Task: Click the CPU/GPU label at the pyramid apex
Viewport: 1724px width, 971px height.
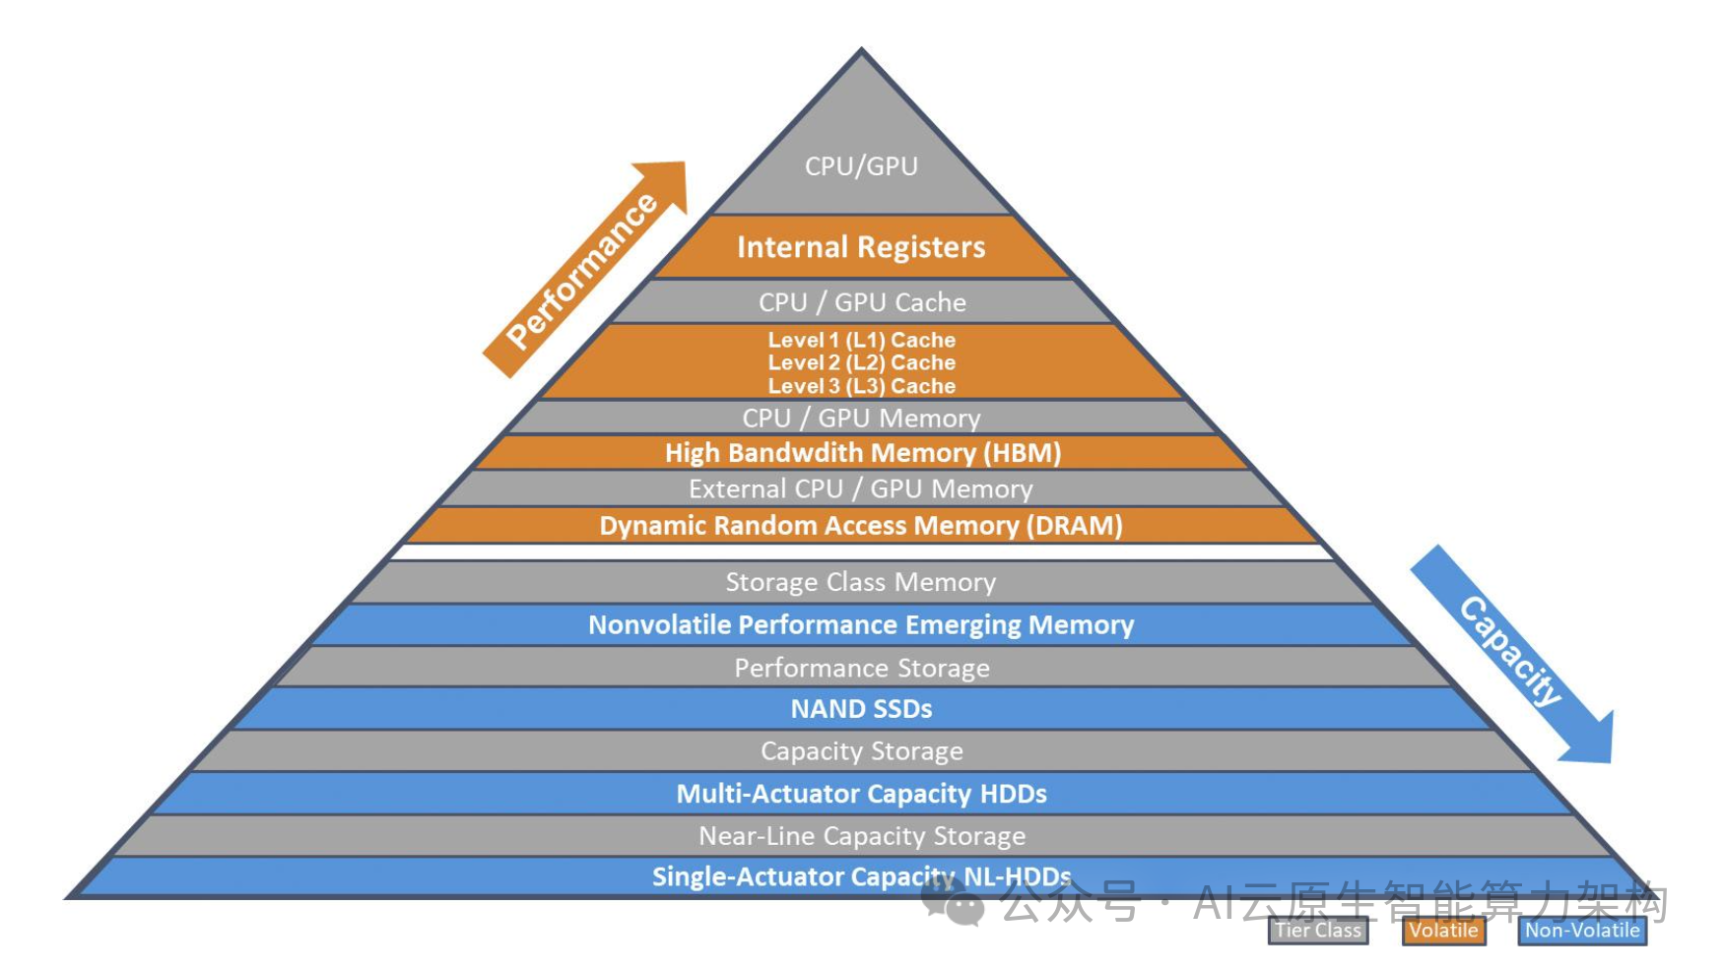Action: point(861,166)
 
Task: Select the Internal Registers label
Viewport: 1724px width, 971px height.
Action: point(861,247)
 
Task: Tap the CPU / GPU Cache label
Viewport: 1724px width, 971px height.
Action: point(862,302)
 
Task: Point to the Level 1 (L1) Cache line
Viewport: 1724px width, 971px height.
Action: point(862,340)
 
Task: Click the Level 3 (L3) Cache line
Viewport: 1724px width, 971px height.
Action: point(862,386)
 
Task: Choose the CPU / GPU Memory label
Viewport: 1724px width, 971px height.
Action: point(862,419)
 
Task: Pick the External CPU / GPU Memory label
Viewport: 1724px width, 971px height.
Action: point(861,489)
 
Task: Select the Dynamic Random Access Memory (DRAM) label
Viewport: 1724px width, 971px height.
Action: point(861,526)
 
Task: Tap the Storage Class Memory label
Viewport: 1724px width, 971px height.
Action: point(861,582)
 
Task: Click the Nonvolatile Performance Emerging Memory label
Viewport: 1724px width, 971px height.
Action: point(861,625)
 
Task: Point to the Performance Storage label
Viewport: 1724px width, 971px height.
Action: point(862,668)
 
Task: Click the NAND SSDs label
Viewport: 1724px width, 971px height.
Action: point(862,709)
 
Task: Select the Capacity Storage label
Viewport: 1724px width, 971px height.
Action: point(862,751)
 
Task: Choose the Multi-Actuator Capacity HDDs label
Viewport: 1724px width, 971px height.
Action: point(862,794)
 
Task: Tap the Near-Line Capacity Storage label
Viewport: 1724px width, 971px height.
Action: point(862,836)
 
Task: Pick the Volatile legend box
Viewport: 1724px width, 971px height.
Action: point(1443,931)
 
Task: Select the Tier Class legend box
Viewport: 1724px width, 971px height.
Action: point(1318,931)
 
